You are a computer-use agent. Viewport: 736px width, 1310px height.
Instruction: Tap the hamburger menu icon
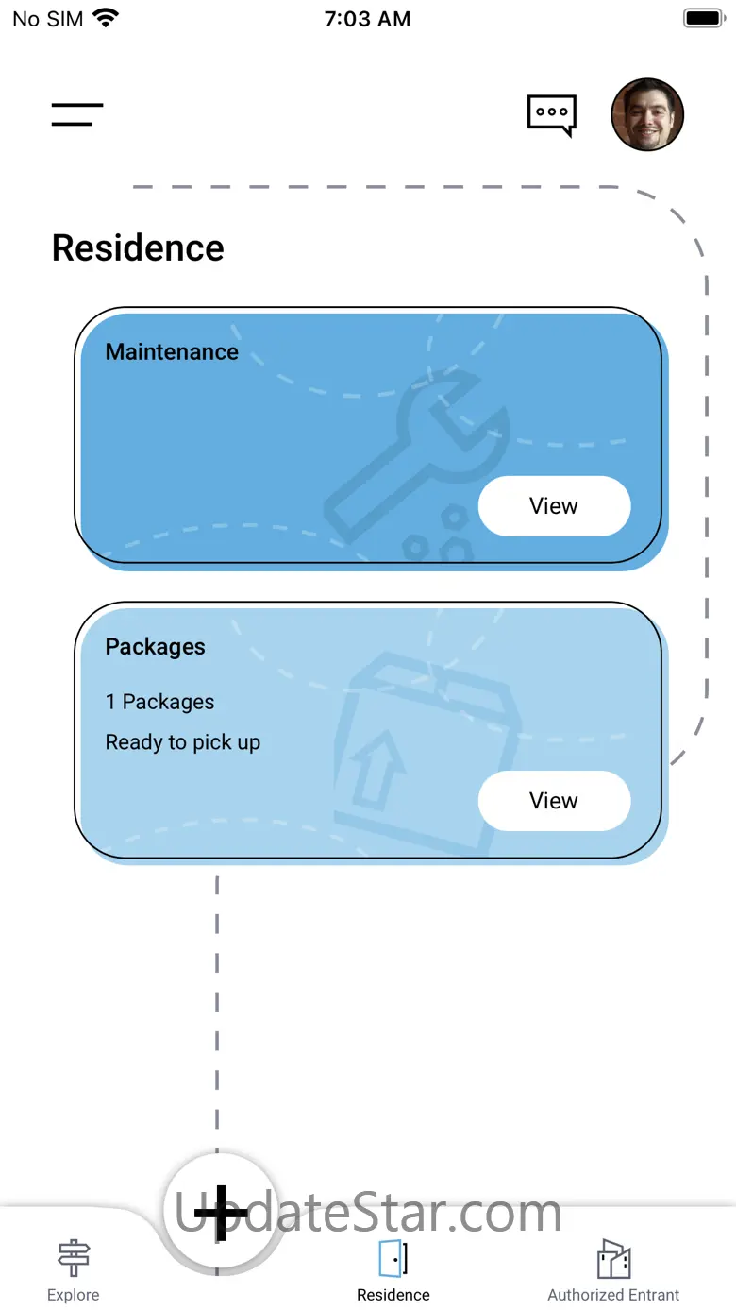click(77, 114)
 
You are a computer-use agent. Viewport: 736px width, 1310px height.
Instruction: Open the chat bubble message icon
click(551, 114)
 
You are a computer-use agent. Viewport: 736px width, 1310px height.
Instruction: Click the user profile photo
click(647, 114)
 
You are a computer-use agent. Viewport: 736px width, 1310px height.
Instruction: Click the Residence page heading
click(138, 248)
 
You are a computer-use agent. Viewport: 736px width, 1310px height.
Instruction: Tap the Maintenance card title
click(172, 352)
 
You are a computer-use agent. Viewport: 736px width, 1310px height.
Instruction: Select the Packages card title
click(155, 647)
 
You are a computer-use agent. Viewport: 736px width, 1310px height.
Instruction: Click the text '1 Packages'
click(159, 702)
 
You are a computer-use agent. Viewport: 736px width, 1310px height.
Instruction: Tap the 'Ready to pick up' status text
click(182, 742)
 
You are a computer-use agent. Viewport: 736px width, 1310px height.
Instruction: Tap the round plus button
click(220, 1213)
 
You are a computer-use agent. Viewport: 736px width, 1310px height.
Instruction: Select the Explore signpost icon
click(74, 1258)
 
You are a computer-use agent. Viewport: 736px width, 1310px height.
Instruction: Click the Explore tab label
click(74, 1295)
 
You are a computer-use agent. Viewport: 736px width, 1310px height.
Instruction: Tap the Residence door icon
click(393, 1258)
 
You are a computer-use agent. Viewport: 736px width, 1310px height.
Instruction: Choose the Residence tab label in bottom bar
click(393, 1295)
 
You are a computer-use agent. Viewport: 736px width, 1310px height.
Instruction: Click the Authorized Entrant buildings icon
click(613, 1258)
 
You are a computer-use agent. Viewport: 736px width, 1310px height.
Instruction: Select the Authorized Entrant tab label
click(613, 1295)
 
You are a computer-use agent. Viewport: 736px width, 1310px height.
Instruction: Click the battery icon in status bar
click(702, 18)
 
